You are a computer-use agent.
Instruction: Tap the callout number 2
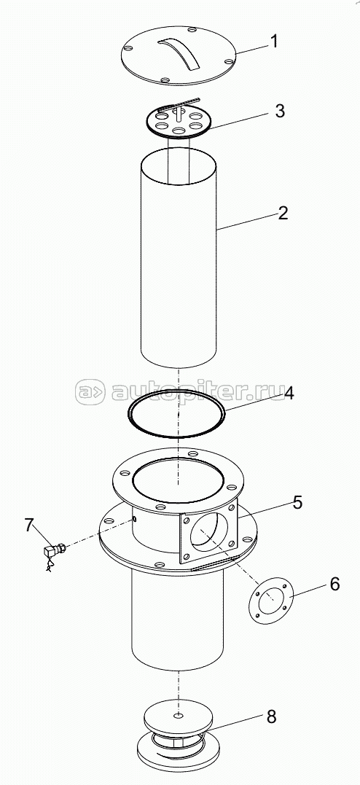tap(283, 214)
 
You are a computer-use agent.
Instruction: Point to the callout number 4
tap(289, 394)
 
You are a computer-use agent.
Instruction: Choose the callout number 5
tap(297, 502)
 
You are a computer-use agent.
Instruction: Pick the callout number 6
tap(334, 584)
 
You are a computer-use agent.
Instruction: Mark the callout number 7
tap(29, 526)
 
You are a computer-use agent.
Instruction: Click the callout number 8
tap(271, 717)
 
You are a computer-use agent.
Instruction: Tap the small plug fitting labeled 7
tap(54, 552)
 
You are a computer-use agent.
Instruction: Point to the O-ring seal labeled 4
tap(176, 413)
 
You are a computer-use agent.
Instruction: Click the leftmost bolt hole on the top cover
tap(128, 49)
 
